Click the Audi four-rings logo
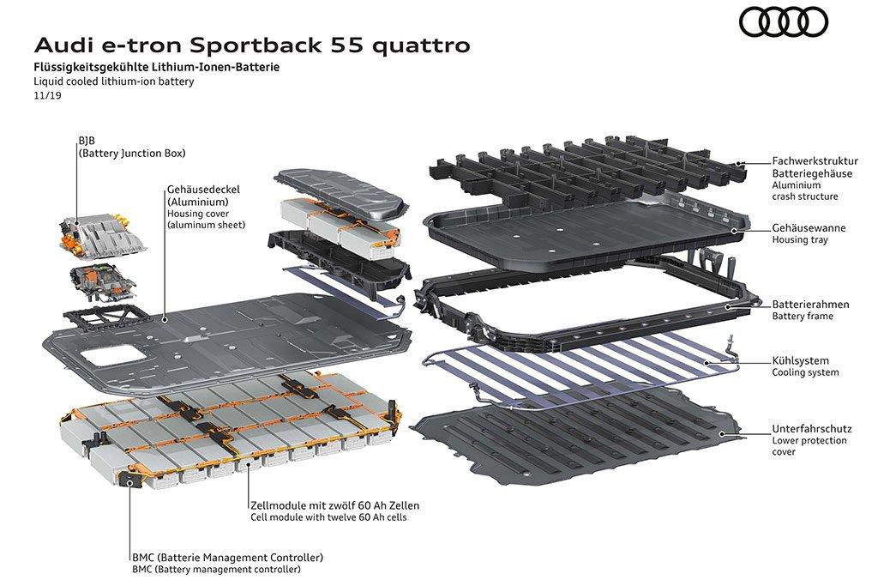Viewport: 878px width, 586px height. [x=784, y=23]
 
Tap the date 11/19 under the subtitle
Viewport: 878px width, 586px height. [x=48, y=95]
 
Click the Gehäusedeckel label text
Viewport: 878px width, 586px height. [x=203, y=190]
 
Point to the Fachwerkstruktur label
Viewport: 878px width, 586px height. [x=815, y=160]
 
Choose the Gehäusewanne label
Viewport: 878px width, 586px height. [x=809, y=228]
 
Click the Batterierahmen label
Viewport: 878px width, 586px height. [x=810, y=305]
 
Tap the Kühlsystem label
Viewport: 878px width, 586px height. [x=800, y=361]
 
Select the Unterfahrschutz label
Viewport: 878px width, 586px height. [x=812, y=429]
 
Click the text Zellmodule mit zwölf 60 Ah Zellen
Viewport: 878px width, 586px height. [x=335, y=505]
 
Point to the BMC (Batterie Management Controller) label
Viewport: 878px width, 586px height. [x=228, y=558]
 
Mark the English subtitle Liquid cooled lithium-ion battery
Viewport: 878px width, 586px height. [x=114, y=82]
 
